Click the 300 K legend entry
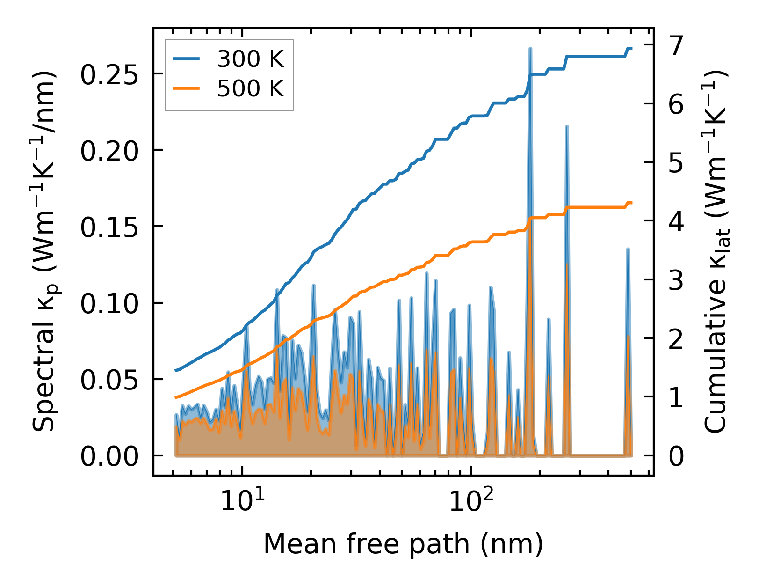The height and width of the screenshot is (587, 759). [x=250, y=59]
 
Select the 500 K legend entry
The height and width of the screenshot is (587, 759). [x=250, y=88]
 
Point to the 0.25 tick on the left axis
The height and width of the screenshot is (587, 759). [x=109, y=74]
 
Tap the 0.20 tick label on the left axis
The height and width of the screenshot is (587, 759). [x=109, y=150]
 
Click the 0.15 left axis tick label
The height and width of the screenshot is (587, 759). [x=109, y=227]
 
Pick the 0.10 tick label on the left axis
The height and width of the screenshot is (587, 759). [x=109, y=303]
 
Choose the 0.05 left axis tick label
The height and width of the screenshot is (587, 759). [x=109, y=379]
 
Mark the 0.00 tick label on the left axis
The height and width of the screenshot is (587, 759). [x=109, y=455]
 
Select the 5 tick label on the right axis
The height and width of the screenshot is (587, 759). [x=676, y=162]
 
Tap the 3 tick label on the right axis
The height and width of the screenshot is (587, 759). [x=676, y=280]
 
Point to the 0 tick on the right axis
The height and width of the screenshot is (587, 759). [x=676, y=455]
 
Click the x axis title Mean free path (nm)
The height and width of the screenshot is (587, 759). [x=403, y=544]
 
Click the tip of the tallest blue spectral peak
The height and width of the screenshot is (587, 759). [x=530, y=48]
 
